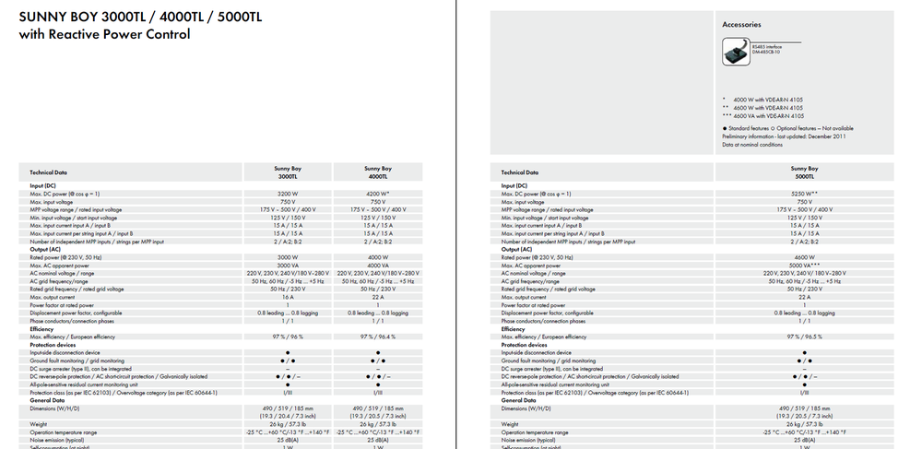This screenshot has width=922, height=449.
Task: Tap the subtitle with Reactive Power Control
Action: click(x=104, y=34)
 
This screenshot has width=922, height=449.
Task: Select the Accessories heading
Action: click(x=742, y=25)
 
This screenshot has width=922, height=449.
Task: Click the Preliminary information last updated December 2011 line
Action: click(x=785, y=136)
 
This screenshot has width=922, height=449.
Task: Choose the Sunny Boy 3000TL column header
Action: click(x=287, y=171)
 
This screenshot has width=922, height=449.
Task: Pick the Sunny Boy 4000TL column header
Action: click(x=377, y=171)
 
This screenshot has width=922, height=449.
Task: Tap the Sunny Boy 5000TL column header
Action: click(x=804, y=171)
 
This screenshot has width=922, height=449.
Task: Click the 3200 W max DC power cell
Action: click(x=287, y=195)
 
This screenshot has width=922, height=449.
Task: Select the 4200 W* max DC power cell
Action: click(x=377, y=195)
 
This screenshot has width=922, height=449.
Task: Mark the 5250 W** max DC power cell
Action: click(x=804, y=195)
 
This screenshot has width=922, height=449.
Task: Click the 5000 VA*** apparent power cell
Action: click(x=804, y=266)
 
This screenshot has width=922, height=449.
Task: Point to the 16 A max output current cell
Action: click(x=287, y=297)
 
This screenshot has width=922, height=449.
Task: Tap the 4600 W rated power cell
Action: click(x=804, y=257)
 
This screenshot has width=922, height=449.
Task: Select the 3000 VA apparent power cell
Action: click(x=287, y=266)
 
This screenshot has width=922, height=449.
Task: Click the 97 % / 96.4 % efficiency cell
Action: click(x=377, y=337)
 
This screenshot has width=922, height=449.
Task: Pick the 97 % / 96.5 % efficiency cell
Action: click(x=804, y=337)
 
